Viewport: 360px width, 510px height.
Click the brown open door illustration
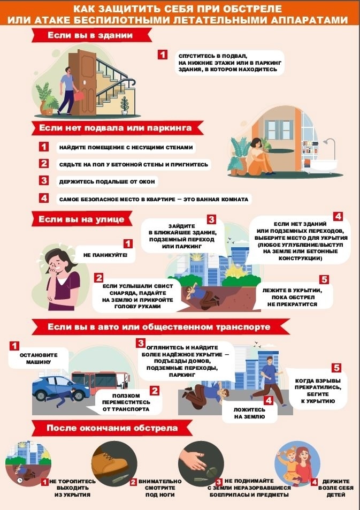pos(82,82)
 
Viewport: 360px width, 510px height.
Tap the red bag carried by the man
pos(79,96)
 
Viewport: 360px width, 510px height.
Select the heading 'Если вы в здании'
pos(90,35)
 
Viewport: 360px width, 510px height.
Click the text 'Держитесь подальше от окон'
pos(107,181)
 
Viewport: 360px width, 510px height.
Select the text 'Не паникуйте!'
pos(105,255)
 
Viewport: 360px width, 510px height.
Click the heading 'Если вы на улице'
pos(81,219)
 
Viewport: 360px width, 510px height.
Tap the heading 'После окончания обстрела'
pos(112,428)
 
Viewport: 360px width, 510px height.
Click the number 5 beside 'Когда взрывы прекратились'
pos(336,368)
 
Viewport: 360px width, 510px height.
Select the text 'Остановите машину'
pos(39,359)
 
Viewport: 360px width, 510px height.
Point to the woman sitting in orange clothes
pos(258,156)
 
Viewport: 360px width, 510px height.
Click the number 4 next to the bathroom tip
pos(43,198)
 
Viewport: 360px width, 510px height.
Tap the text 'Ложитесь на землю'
pos(249,413)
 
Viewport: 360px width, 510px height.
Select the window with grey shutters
pos(279,130)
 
